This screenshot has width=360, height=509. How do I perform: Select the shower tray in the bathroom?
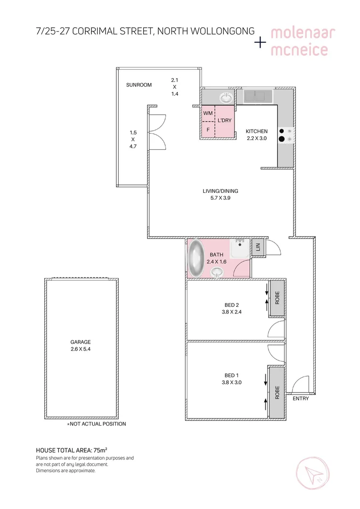240,249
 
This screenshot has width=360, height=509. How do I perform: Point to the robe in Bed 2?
277,298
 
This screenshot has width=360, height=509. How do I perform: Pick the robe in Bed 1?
277,392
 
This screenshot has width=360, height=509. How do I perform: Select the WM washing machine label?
207,114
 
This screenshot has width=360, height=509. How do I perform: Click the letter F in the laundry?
208,129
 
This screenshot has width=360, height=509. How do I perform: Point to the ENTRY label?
301,399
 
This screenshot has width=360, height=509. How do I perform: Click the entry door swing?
298,384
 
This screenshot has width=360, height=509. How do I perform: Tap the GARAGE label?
81,342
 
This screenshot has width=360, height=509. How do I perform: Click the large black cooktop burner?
282,139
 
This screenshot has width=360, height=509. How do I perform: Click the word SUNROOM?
139,85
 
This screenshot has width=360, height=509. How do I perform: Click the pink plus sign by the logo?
260,42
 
